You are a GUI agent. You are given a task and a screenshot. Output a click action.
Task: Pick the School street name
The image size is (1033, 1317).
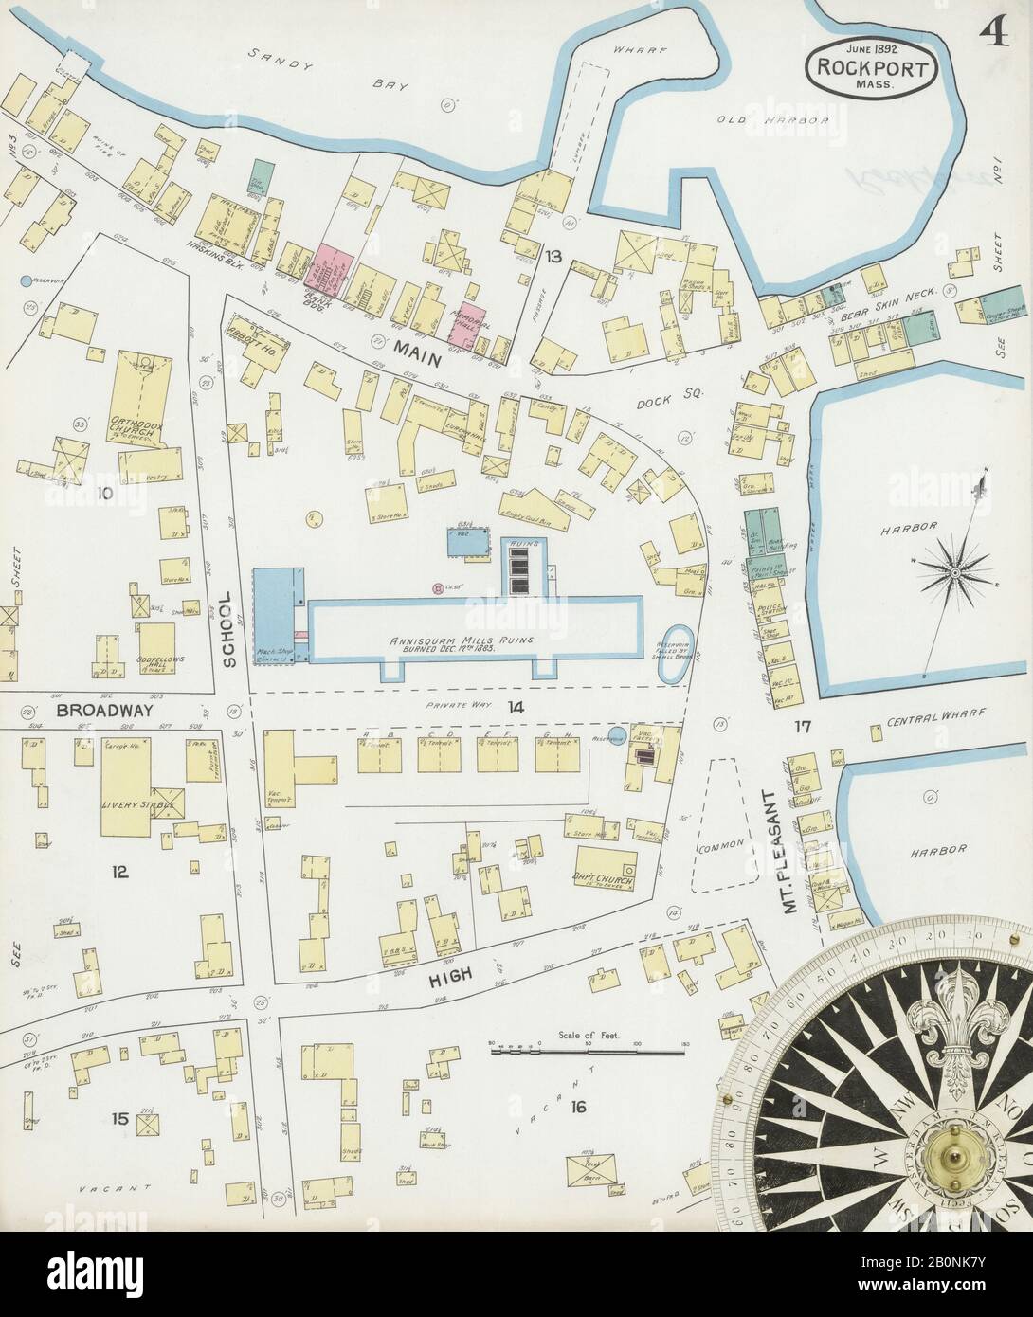228,632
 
